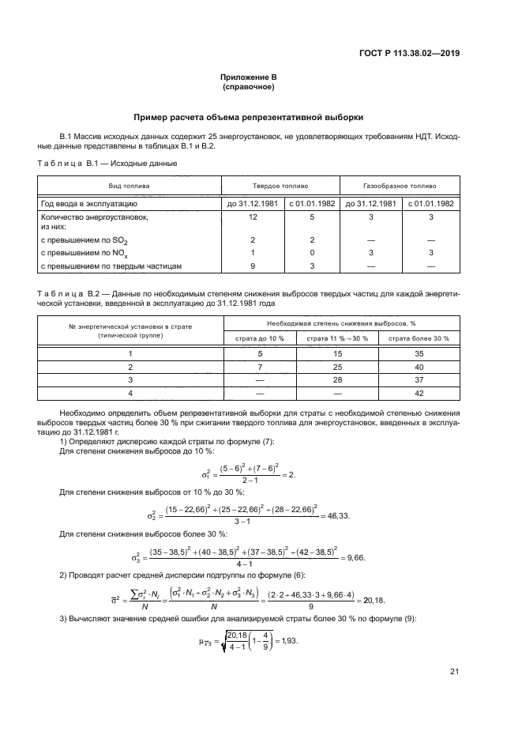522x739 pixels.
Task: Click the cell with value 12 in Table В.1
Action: tap(252, 216)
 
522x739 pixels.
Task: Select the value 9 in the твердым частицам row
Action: tap(252, 266)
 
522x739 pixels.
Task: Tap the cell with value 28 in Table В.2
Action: tap(338, 379)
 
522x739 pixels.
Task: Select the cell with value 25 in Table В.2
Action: tap(338, 367)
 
